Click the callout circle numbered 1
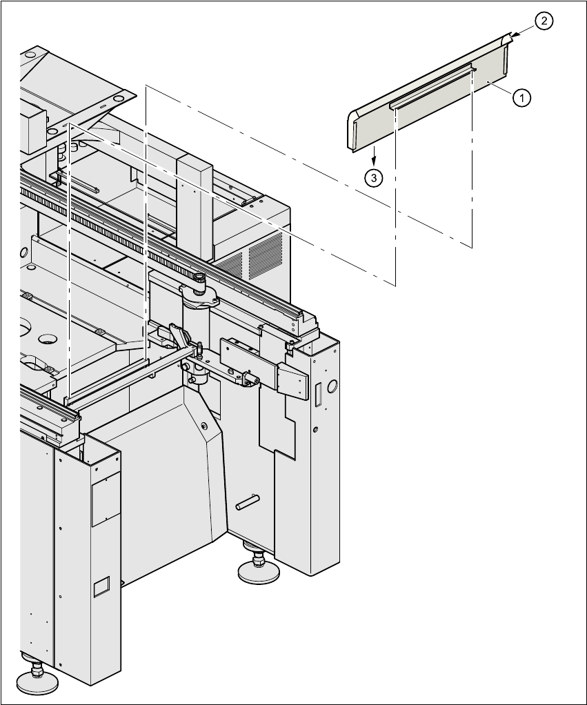(521, 98)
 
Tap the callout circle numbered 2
(544, 21)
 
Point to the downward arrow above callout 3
(373, 154)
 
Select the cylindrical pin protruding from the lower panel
(246, 502)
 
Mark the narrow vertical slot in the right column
(318, 396)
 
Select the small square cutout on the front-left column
(101, 586)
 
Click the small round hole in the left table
(48, 339)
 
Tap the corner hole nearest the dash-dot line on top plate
(118, 99)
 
